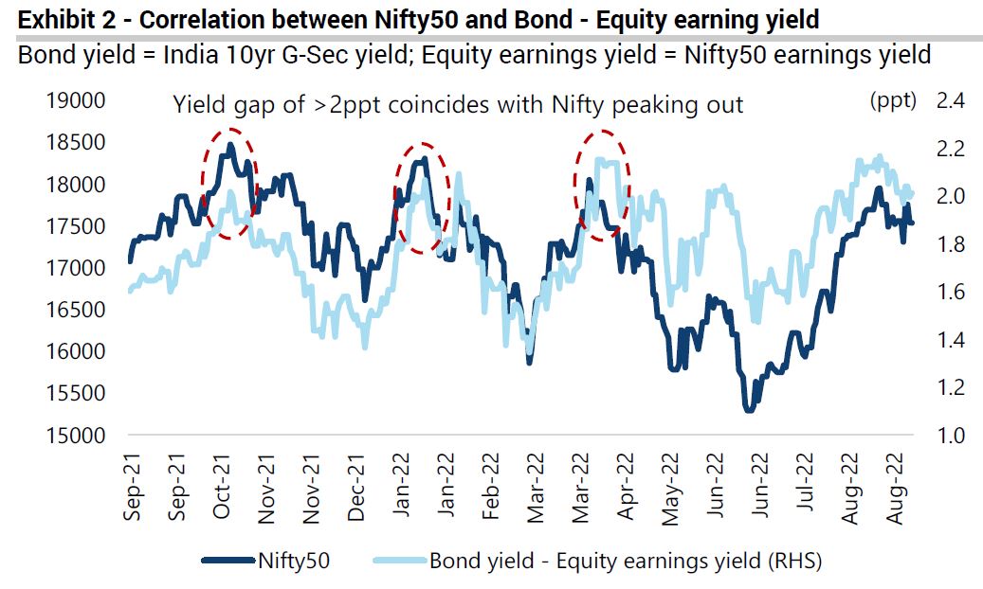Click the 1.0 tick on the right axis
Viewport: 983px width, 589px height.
coord(950,436)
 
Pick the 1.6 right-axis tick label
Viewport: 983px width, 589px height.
coord(950,293)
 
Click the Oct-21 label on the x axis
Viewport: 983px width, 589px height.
coord(222,485)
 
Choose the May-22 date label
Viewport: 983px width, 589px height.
coord(671,485)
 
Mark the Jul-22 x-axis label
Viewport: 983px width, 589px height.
coord(806,485)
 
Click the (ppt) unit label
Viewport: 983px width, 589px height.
coord(892,101)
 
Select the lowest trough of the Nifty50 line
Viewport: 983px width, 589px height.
coord(749,409)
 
